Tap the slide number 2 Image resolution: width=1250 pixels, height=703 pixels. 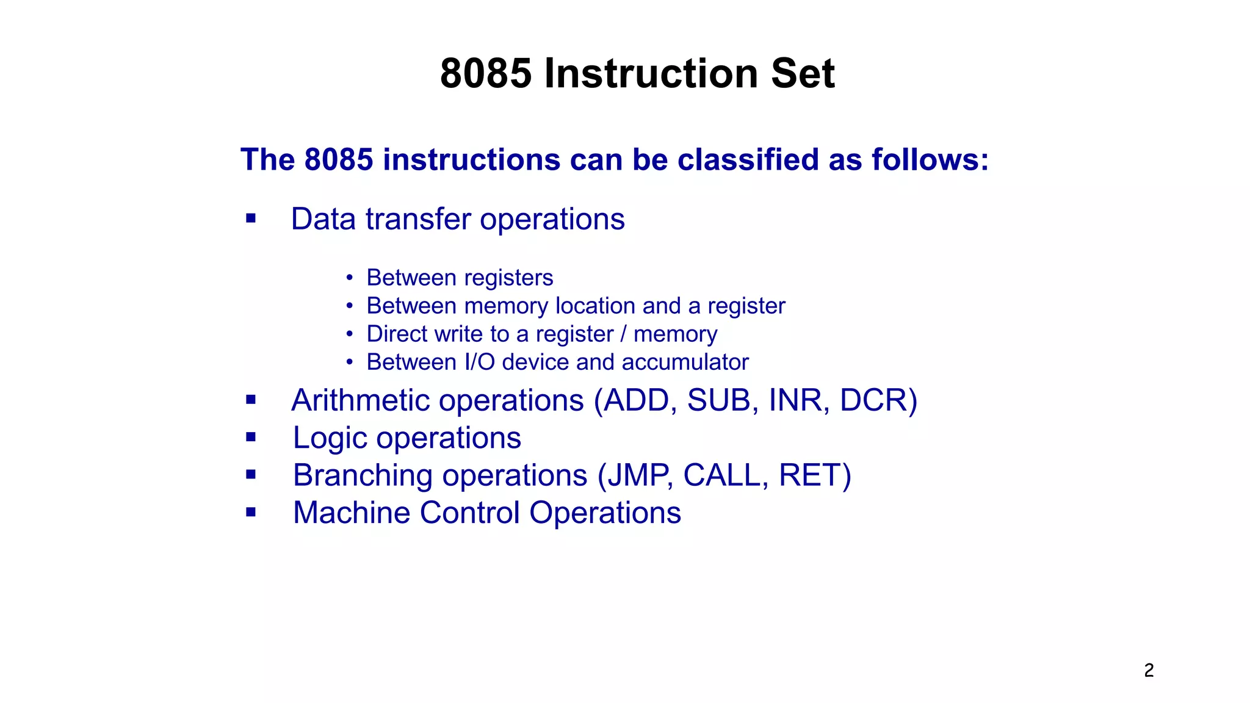tap(1149, 670)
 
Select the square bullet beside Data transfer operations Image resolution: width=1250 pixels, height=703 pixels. tap(251, 218)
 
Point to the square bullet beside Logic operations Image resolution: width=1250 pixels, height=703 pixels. tap(251, 437)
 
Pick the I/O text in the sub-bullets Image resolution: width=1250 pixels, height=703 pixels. tap(479, 362)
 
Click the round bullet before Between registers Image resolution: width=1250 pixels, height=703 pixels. tap(349, 278)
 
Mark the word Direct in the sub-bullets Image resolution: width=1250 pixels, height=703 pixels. tap(397, 334)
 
